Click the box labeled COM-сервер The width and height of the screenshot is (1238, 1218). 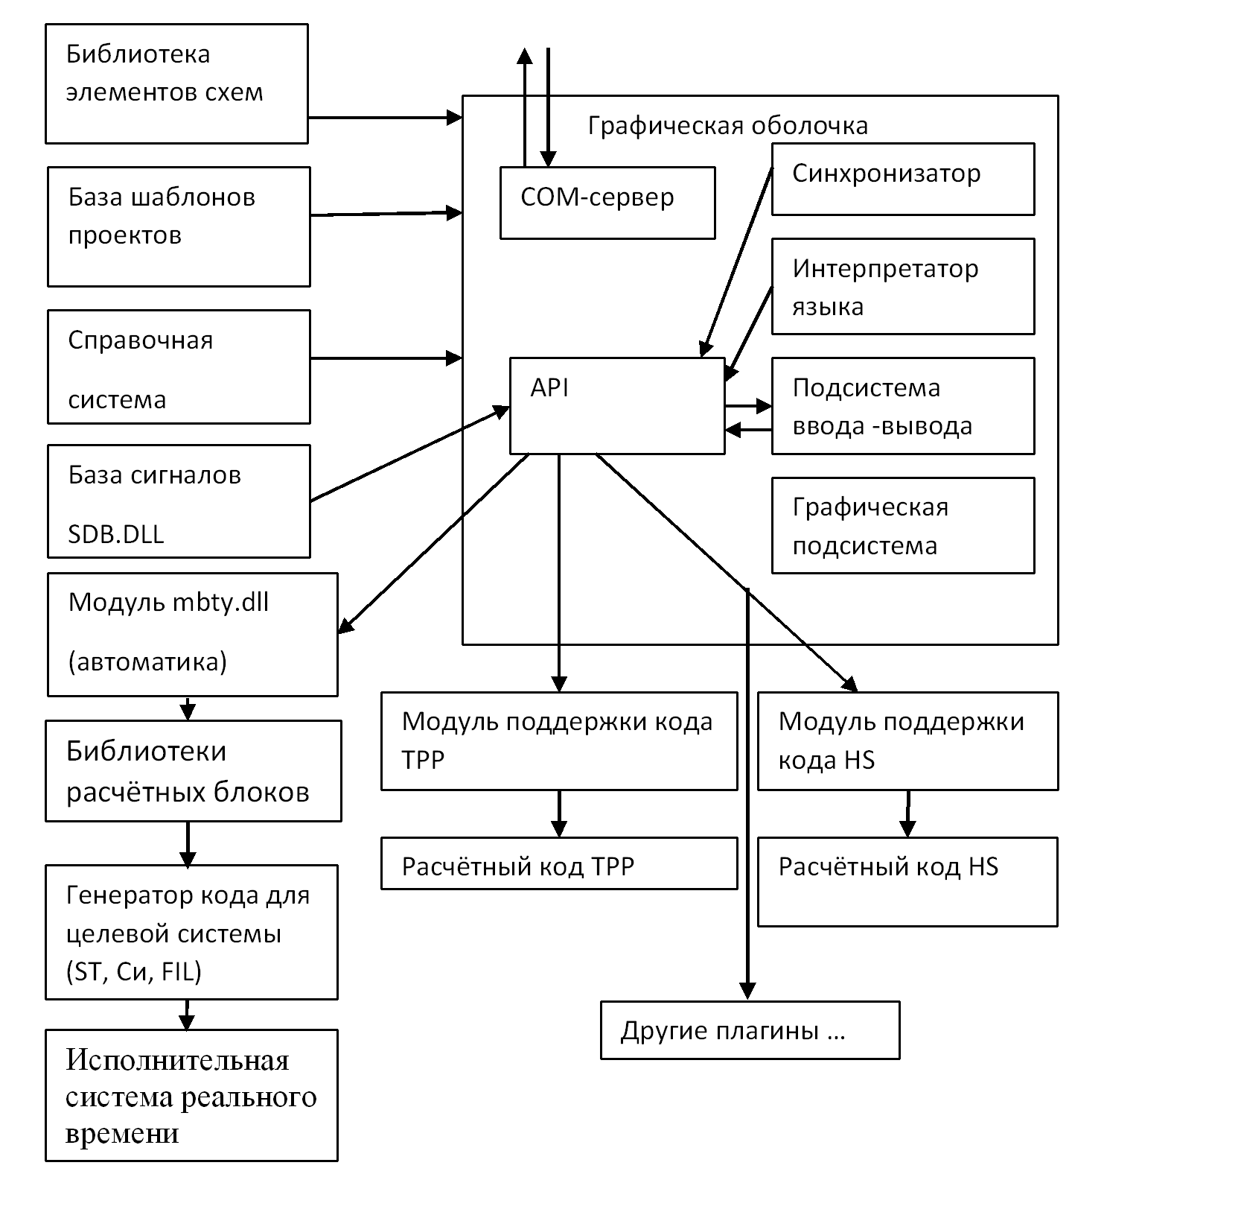pos(607,203)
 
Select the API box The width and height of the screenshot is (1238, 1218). pos(616,406)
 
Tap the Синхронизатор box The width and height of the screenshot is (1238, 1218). pos(902,179)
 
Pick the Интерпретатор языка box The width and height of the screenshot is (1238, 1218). pos(902,286)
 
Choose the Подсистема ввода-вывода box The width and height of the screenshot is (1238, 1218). pos(902,406)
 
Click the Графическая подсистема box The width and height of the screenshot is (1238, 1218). pos(902,526)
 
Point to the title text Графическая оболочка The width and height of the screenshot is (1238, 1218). pos(727,126)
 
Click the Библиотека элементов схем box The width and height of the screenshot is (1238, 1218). pos(176,83)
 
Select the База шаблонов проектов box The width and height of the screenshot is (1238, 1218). pos(179,226)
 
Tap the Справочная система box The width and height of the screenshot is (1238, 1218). pos(179,367)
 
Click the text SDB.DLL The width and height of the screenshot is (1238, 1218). pos(116,534)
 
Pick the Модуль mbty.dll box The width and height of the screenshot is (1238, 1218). pos(192,634)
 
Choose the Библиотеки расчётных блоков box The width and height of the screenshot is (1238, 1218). pos(193,771)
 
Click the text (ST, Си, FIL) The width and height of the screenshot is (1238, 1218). pos(134,971)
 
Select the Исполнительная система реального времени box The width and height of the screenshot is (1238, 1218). pos(191,1095)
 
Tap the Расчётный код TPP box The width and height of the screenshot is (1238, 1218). pos(558,863)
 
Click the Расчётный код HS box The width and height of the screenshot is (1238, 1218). pos(907,882)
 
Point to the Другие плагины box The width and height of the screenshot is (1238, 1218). pos(750,1030)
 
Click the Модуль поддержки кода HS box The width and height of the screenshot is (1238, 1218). pos(907,740)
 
